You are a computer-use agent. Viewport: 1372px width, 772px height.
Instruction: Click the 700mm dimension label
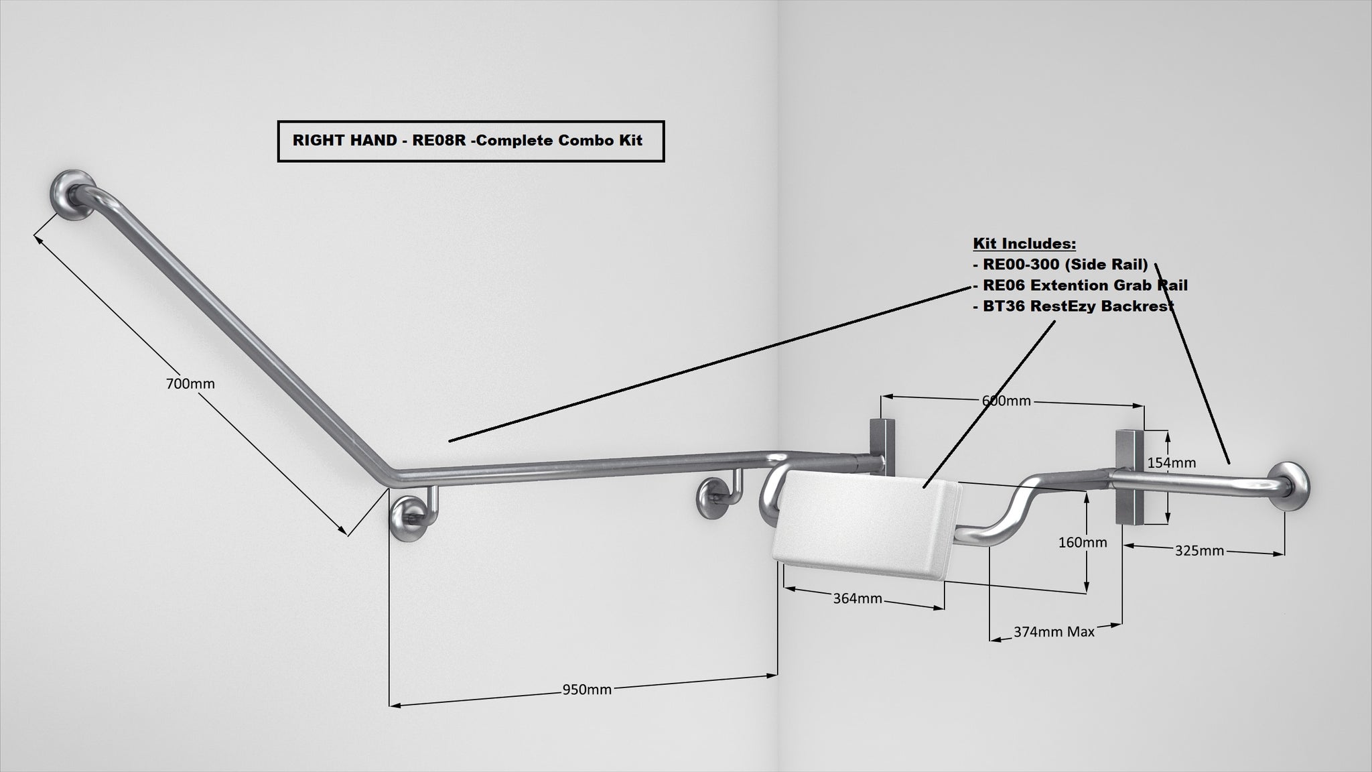click(x=190, y=384)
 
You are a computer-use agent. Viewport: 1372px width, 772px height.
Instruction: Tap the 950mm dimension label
click(x=587, y=690)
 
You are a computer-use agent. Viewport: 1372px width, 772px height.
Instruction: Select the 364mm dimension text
click(x=857, y=598)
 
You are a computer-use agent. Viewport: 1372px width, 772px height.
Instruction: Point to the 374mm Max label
click(x=1054, y=631)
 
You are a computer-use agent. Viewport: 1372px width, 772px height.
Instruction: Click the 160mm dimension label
click(x=1083, y=542)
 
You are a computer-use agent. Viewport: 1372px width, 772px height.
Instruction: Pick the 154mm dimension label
click(x=1172, y=462)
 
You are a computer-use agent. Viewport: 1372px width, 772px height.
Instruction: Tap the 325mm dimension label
click(x=1199, y=551)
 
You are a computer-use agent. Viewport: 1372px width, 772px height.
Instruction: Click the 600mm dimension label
click(x=1006, y=401)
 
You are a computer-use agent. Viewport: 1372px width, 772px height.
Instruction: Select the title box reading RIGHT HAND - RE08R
click(x=471, y=141)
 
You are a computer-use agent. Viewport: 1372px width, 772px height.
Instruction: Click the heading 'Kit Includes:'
click(x=1024, y=243)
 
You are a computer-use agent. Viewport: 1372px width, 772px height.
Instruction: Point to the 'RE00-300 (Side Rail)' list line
click(x=1060, y=265)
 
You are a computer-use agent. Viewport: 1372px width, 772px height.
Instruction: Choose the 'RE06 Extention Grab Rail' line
click(x=1080, y=285)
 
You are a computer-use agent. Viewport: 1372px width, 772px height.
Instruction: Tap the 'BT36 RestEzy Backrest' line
click(x=1073, y=306)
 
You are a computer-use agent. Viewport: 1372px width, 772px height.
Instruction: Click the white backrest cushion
click(x=868, y=525)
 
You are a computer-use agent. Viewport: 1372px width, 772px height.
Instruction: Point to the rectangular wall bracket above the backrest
click(x=880, y=444)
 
